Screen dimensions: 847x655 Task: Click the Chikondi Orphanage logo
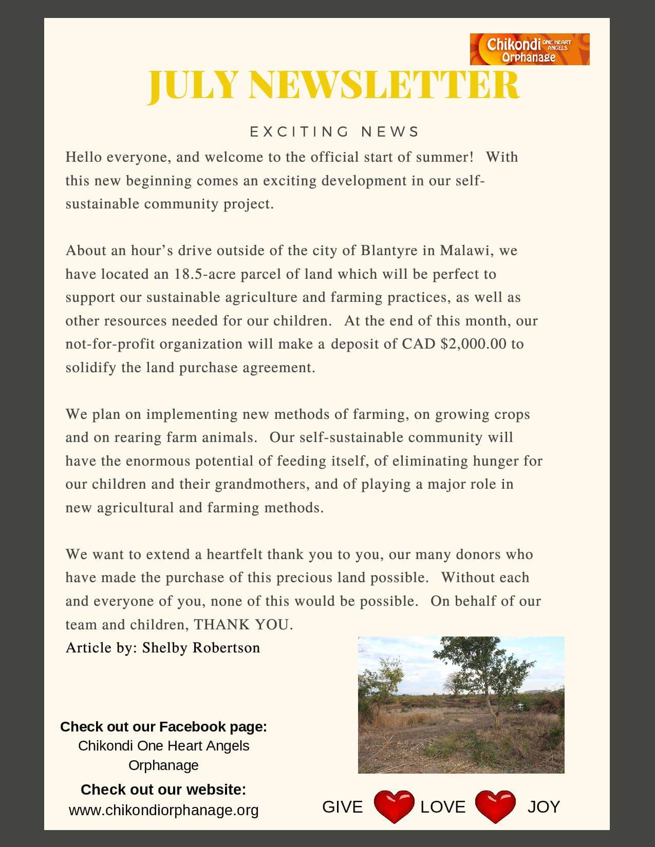coord(530,49)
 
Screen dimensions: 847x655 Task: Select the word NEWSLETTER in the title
coord(384,85)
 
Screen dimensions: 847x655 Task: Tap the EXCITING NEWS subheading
coord(334,132)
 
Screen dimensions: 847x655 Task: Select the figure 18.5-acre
coord(204,274)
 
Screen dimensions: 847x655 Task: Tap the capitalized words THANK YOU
coord(242,625)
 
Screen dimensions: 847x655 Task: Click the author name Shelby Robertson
coord(201,648)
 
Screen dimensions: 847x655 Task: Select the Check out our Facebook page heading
coord(163,727)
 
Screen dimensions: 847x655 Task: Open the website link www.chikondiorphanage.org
coord(163,811)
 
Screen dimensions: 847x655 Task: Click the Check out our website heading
coord(163,790)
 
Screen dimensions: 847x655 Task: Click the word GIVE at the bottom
coord(342,807)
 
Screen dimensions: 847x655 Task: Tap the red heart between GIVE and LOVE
coord(394,807)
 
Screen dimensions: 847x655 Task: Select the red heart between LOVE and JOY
coord(495,807)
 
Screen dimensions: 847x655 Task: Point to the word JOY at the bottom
coord(544,807)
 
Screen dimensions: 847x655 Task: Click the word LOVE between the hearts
coord(443,807)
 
